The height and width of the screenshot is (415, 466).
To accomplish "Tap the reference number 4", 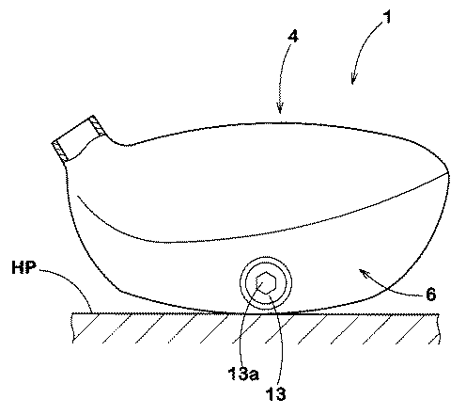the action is (x=293, y=37).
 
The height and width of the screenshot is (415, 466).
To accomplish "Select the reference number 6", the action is (x=431, y=295).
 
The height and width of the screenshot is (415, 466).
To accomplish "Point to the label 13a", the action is (x=243, y=374).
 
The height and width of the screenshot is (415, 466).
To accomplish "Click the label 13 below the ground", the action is (x=275, y=393).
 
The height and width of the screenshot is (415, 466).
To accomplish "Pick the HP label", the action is (x=23, y=268).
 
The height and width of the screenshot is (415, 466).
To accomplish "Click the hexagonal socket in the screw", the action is (x=266, y=282).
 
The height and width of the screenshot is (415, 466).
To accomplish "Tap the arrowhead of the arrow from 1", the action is (x=353, y=79).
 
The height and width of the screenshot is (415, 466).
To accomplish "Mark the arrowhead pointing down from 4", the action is (x=280, y=107).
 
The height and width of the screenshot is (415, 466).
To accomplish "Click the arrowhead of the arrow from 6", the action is (x=363, y=272).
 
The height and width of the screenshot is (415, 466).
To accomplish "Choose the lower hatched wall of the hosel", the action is (x=59, y=152).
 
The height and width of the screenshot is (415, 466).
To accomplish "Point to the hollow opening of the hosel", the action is (x=79, y=139).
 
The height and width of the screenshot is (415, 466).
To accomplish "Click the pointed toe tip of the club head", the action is (x=448, y=174).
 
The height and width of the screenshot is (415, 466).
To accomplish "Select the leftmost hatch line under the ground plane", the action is (x=85, y=327).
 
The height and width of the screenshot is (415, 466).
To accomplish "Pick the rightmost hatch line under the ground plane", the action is (x=433, y=340).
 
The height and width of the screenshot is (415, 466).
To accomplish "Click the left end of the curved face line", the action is (x=78, y=197).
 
